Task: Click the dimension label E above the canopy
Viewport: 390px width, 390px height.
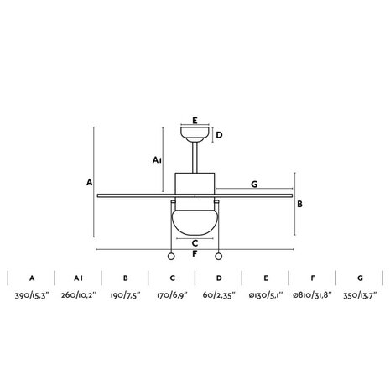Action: coord(195,121)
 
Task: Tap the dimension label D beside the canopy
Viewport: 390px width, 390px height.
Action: coord(220,135)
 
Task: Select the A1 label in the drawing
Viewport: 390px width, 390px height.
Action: coord(157,160)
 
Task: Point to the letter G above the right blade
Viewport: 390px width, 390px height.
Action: coord(254,185)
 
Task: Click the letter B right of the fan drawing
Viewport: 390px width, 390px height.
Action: coord(299,205)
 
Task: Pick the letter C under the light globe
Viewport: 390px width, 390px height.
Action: coord(195,243)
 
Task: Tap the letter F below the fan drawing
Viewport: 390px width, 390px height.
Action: coord(195,254)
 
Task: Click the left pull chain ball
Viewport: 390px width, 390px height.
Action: coord(171,257)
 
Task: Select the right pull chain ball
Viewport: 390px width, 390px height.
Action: coord(219,257)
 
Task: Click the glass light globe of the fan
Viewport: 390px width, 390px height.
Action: coord(195,223)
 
